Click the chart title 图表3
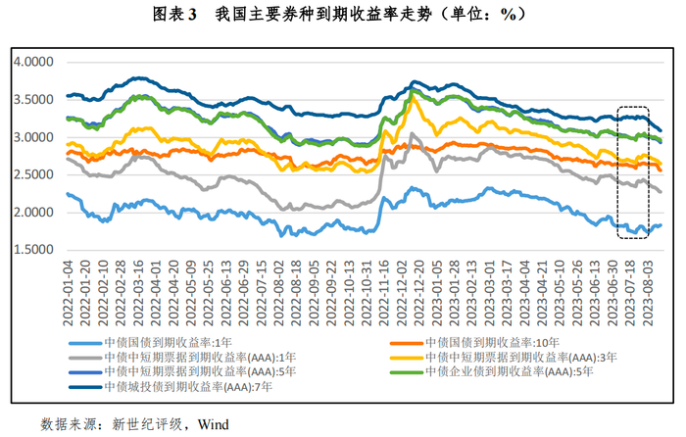point(175,15)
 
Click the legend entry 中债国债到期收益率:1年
point(171,343)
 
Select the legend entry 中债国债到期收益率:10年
point(493,343)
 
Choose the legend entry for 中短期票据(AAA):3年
point(518,358)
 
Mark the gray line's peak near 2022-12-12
point(412,134)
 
